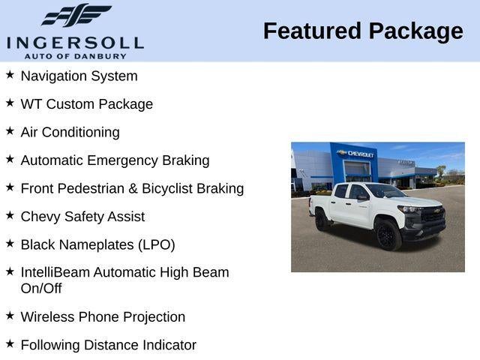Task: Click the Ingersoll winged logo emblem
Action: pyautogui.click(x=76, y=16)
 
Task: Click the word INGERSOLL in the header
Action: pyautogui.click(x=75, y=42)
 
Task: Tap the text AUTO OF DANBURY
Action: pyautogui.click(x=75, y=55)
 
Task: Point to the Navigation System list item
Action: pyautogui.click(x=79, y=76)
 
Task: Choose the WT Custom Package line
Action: pyautogui.click(x=86, y=104)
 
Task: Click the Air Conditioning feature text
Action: pyautogui.click(x=70, y=132)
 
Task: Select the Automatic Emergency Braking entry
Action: pyautogui.click(x=115, y=160)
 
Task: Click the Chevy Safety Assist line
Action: pyautogui.click(x=82, y=217)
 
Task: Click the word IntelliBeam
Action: pyautogui.click(x=55, y=272)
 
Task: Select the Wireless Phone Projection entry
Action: pyautogui.click(x=103, y=316)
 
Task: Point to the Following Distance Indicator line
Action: pyautogui.click(x=108, y=345)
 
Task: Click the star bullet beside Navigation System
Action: pyautogui.click(x=10, y=75)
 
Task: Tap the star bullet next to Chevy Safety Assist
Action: pyautogui.click(x=10, y=215)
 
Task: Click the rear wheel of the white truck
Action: pyautogui.click(x=322, y=220)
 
